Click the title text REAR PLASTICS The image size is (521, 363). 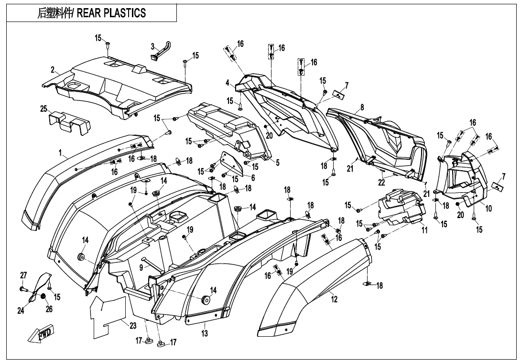click(92, 13)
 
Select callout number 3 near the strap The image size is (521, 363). click(153, 46)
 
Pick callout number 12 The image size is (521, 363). click(335, 299)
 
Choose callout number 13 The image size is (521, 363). click(205, 334)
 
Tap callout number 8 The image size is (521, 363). click(362, 108)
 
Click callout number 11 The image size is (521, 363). click(424, 230)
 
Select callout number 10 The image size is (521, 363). click(489, 209)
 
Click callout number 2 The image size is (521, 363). click(53, 70)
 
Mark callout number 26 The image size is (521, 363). click(49, 309)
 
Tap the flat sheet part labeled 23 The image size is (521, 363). click(108, 313)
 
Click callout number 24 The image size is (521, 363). click(21, 311)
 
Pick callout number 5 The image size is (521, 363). click(277, 163)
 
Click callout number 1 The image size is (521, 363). click(61, 154)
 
